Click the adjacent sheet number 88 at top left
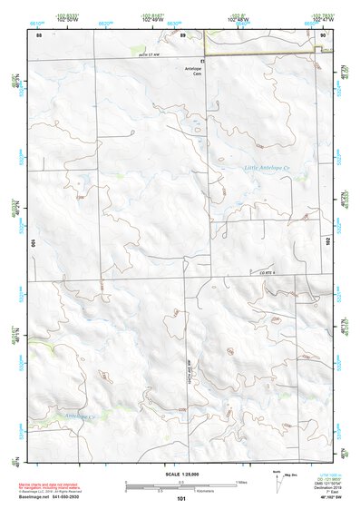pos(39,34)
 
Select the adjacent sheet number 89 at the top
pos(182,34)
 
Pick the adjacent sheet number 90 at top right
pos(324,34)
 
